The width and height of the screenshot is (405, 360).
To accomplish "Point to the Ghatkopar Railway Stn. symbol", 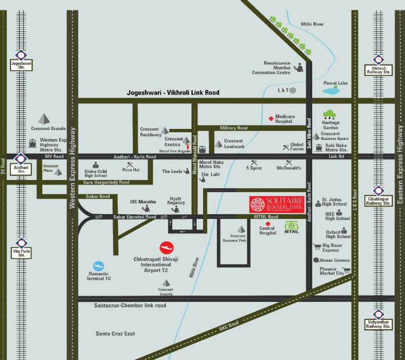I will tap(378, 190).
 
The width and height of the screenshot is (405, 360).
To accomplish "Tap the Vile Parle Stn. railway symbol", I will tap(21, 242).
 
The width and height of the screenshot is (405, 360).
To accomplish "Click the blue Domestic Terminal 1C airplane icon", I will tap(99, 265).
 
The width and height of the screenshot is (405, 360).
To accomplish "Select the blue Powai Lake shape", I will tap(331, 91).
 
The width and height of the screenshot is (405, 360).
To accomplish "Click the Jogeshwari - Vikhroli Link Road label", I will tap(173, 92).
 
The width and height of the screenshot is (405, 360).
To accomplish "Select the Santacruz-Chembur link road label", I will tap(131, 305).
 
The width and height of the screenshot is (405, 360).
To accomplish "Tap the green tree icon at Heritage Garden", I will tap(330, 114).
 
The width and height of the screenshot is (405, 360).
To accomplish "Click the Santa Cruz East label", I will tap(115, 334).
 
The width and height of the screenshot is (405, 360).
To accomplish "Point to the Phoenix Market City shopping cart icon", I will tap(346, 270).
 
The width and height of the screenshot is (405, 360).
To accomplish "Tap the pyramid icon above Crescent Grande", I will tap(42, 118).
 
